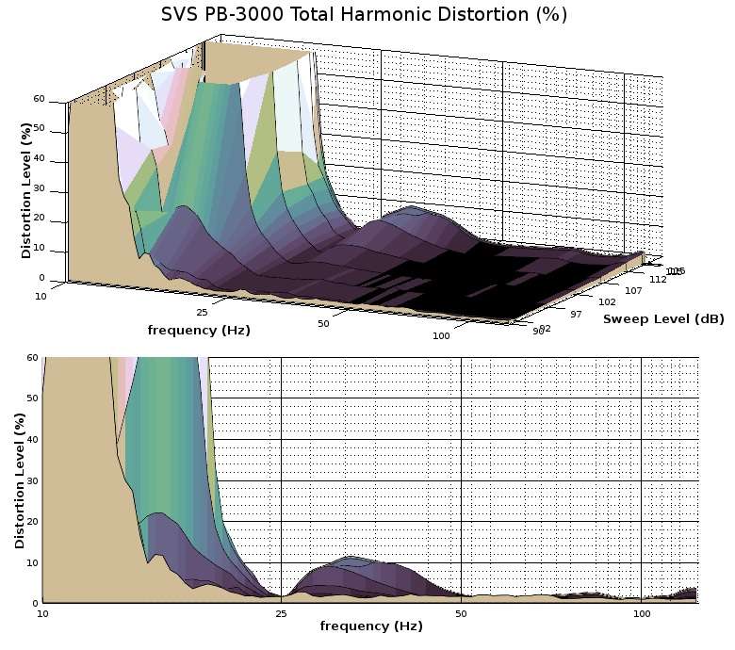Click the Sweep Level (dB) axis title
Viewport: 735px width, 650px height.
pos(663,319)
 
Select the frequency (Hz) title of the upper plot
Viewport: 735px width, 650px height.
pos(199,330)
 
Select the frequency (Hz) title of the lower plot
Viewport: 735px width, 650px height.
pos(370,626)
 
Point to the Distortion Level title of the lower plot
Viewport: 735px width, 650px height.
pos(20,479)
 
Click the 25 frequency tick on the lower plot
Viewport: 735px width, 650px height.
pos(281,614)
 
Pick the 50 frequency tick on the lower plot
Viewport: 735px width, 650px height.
pos(462,614)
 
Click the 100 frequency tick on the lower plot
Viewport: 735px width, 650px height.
pos(642,614)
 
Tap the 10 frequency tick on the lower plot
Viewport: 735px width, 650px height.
pos(42,614)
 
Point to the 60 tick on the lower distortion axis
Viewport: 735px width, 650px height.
pos(33,358)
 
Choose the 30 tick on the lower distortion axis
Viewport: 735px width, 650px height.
pos(33,480)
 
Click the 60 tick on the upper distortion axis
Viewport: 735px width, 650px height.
pos(39,98)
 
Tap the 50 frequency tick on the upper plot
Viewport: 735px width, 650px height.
pos(322,324)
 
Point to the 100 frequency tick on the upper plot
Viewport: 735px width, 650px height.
pos(442,336)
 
